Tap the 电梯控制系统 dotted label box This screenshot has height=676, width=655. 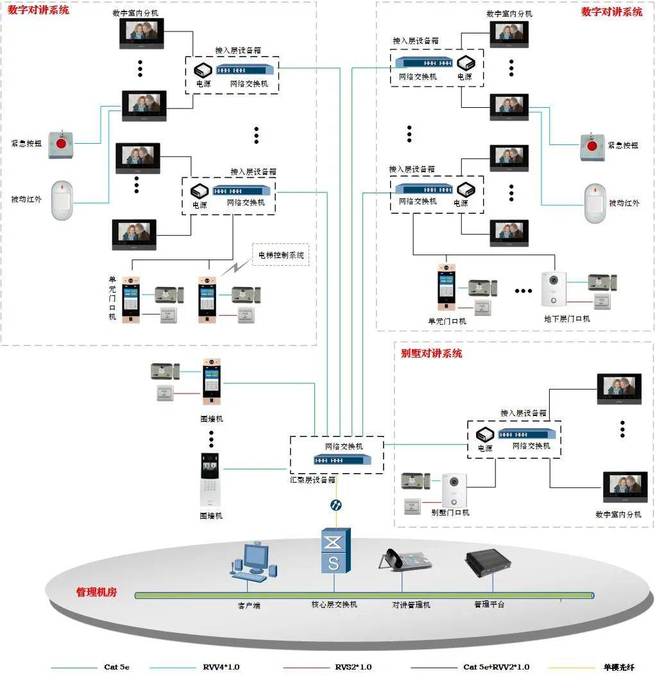(281, 255)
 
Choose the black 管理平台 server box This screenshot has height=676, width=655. (492, 562)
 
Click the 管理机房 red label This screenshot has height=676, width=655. (96, 592)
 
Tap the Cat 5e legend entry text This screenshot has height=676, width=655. (117, 667)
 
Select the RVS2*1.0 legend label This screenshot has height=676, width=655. (353, 667)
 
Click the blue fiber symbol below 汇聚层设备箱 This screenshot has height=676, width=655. (335, 505)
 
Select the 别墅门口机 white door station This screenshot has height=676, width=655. (454, 491)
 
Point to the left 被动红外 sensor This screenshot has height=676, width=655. (63, 200)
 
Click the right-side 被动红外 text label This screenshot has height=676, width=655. (624, 204)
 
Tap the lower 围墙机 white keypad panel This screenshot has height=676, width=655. (210, 480)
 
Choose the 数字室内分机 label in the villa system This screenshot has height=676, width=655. (618, 514)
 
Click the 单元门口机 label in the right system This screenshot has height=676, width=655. (447, 321)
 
